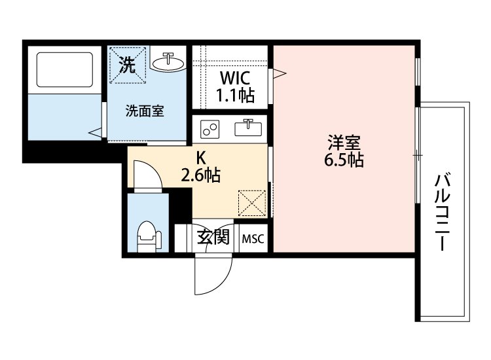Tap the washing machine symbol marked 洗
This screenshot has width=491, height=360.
coord(128,65)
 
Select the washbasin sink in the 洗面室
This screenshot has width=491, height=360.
coord(169,62)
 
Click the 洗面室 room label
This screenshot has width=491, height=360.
coord(145,111)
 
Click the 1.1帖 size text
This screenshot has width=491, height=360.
coord(235,96)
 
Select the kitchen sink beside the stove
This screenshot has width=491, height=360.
coord(249,128)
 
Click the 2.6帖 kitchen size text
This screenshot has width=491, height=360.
coord(200,175)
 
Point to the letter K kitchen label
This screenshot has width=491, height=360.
coord(201,157)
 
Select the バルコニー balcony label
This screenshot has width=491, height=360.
coord(445,213)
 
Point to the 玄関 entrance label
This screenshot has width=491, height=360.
coord(213,238)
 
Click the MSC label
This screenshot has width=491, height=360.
coord(253,239)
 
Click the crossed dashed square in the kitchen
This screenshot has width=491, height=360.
coord(252,203)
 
